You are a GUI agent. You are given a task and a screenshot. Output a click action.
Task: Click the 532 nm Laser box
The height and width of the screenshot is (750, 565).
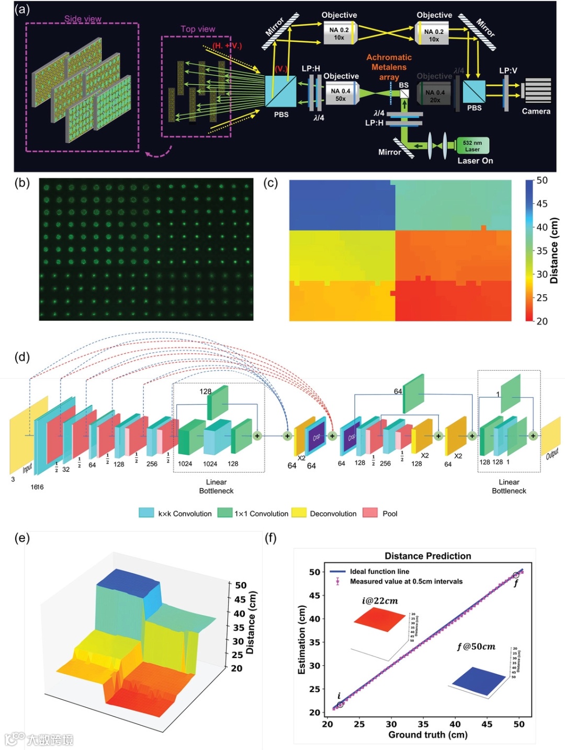click(472, 146)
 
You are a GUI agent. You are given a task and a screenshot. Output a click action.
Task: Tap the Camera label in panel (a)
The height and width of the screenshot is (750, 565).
click(536, 111)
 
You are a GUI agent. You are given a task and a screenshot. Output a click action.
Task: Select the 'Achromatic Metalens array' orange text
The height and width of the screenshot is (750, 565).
click(389, 67)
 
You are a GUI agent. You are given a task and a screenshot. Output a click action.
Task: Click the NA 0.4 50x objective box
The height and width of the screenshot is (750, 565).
click(340, 95)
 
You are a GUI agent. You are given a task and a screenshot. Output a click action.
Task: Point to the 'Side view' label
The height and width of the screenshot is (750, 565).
click(83, 19)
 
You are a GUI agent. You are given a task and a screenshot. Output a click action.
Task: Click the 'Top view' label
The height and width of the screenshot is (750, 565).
click(198, 29)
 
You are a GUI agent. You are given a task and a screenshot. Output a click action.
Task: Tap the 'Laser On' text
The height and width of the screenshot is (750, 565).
click(475, 161)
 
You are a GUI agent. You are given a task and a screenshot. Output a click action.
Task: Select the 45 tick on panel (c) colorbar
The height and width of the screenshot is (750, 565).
click(541, 204)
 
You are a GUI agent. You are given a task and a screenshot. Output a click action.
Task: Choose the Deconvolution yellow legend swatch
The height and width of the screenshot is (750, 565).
click(299, 513)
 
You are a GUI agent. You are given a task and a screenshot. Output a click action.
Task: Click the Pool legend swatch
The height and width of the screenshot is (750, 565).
click(370, 513)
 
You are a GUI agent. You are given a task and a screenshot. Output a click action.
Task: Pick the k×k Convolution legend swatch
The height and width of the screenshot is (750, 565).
click(146, 513)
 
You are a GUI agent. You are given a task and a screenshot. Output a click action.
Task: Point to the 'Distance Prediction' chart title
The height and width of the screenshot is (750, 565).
click(427, 556)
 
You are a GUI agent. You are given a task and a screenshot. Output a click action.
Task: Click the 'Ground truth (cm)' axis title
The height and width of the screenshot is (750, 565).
click(427, 735)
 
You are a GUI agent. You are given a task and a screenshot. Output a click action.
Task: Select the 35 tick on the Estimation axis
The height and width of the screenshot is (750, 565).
click(314, 642)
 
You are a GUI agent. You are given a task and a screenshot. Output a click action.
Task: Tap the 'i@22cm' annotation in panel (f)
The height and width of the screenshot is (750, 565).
click(380, 601)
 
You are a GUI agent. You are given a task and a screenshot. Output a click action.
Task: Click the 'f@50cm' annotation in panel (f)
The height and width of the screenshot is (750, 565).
click(476, 647)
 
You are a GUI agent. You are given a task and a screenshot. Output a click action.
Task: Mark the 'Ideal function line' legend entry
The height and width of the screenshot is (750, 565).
click(379, 572)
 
